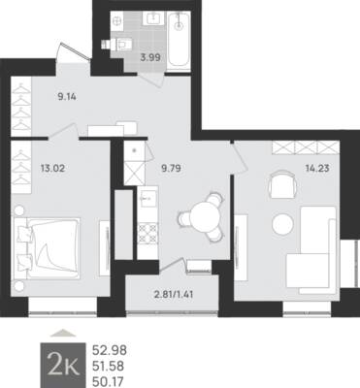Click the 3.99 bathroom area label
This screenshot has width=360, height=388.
[150, 58]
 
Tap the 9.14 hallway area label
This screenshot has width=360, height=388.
[67, 96]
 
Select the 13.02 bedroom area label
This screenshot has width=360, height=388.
[52, 168]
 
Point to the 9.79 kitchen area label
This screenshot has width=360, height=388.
[171, 168]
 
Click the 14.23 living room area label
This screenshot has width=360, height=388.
[317, 168]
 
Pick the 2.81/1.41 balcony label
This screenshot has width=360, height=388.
[174, 295]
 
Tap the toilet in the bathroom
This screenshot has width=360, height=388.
[117, 43]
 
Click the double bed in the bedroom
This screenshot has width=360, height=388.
[46, 248]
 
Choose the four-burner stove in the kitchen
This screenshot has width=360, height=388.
[147, 234]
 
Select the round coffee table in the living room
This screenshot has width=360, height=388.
[282, 224]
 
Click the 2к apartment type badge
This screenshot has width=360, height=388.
[63, 366]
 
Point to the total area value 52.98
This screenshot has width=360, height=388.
[110, 350]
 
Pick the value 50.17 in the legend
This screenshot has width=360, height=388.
[108, 382]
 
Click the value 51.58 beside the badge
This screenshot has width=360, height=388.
[109, 367]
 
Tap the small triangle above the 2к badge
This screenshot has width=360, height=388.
[63, 333]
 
